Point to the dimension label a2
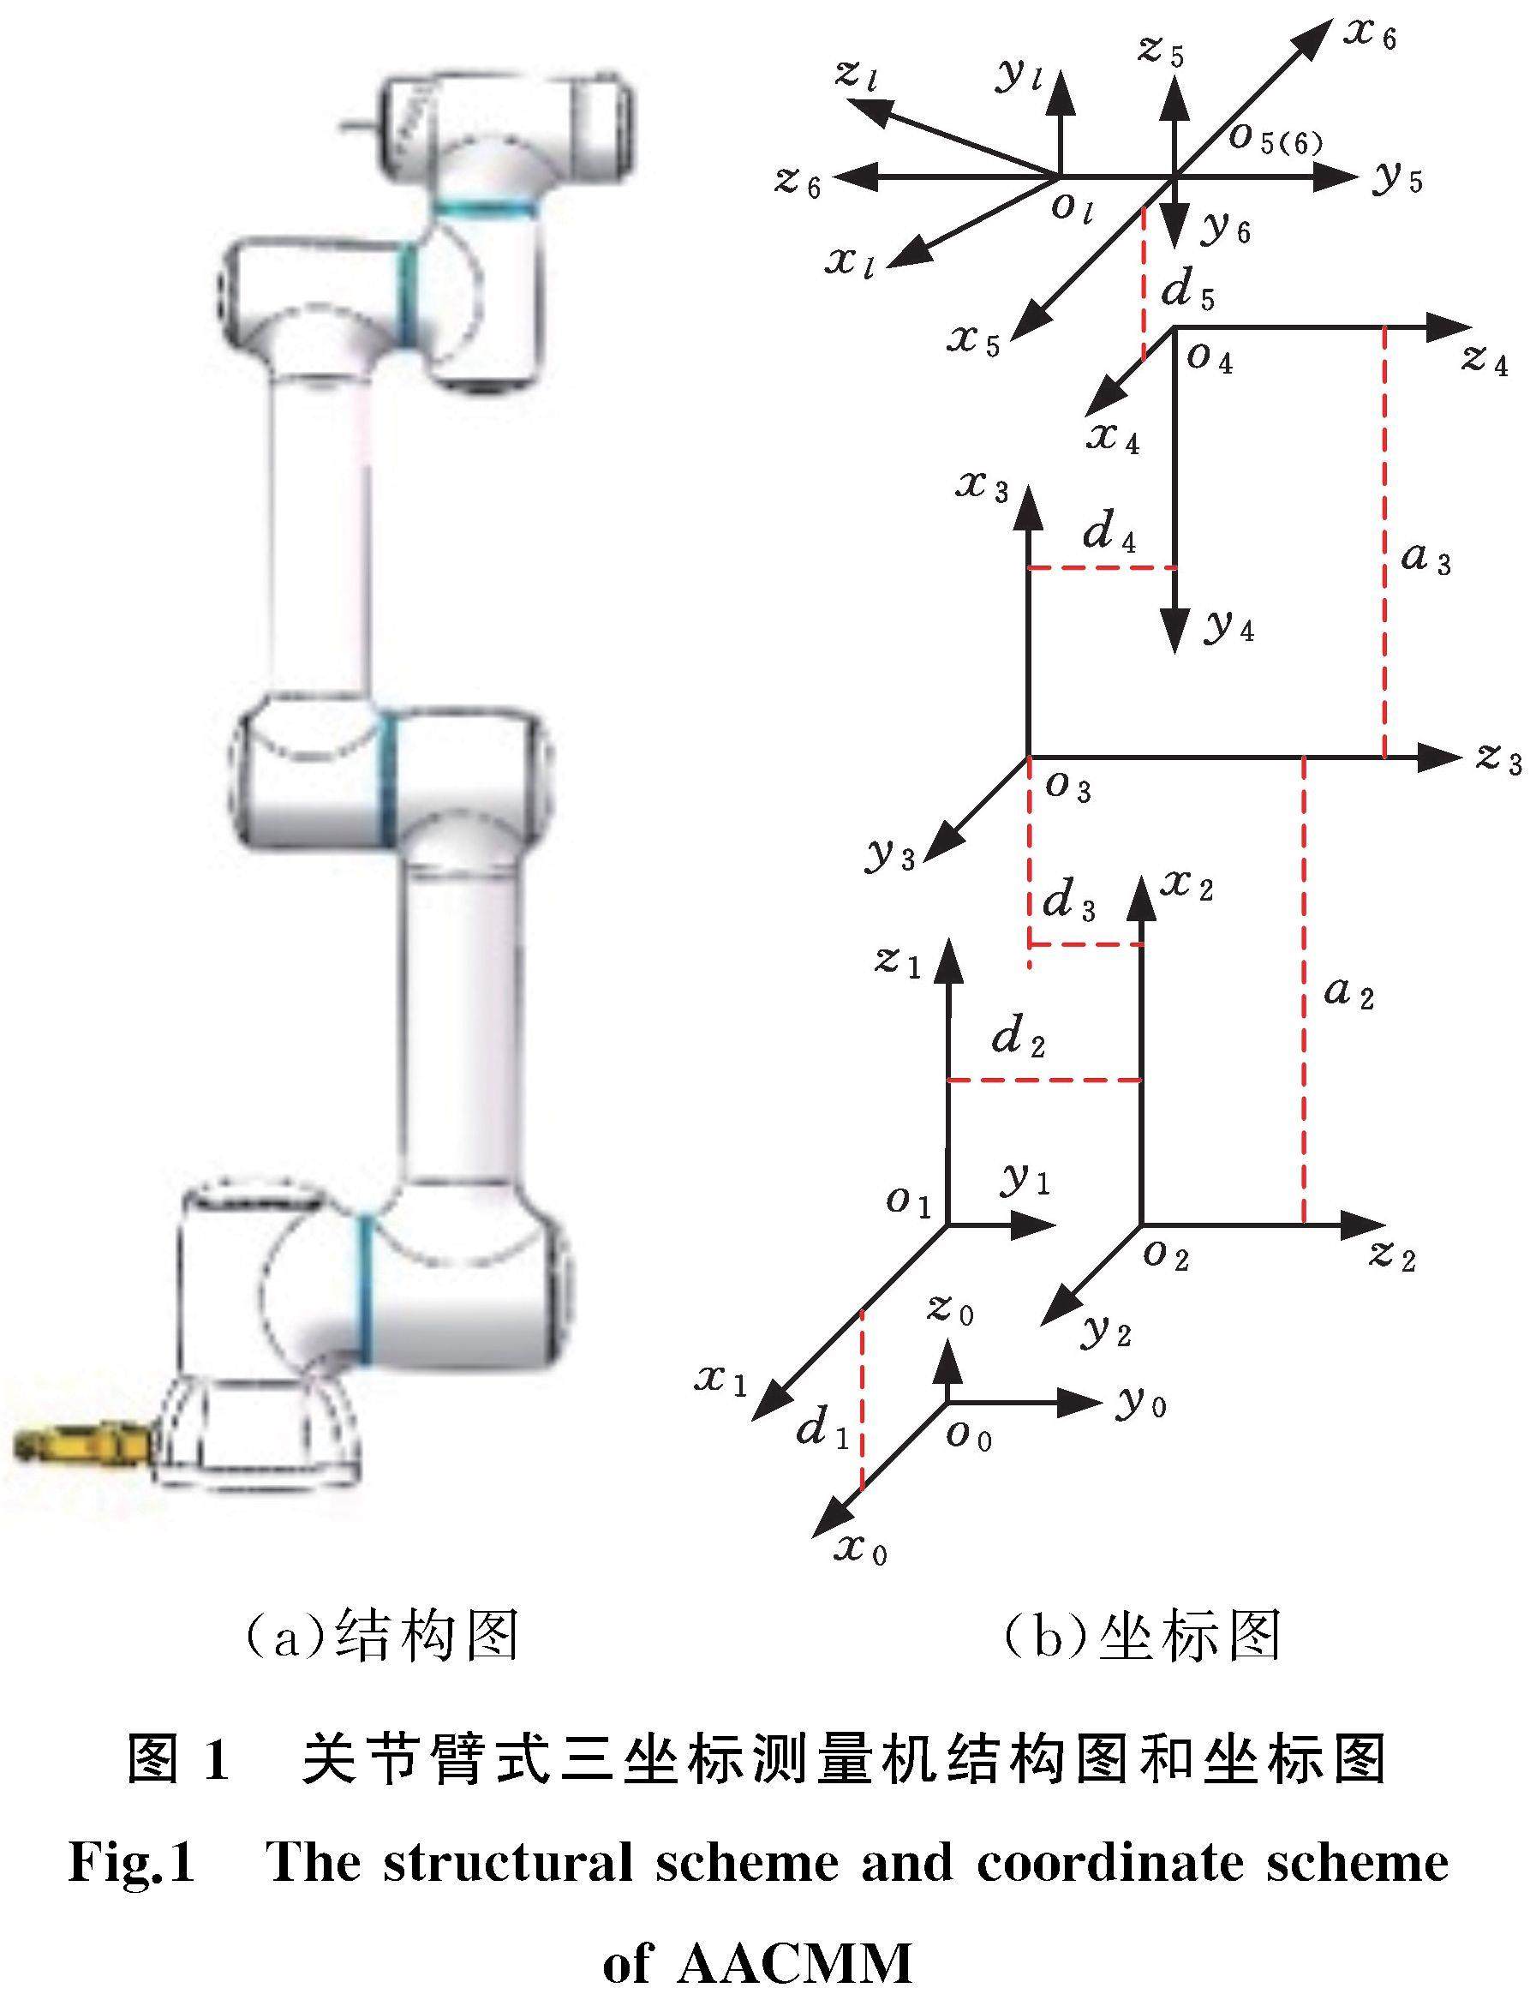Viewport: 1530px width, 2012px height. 1348,992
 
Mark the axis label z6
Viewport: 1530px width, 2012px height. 798,182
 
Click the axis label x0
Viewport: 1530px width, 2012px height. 860,1548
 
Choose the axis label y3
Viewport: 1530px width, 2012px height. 890,854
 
